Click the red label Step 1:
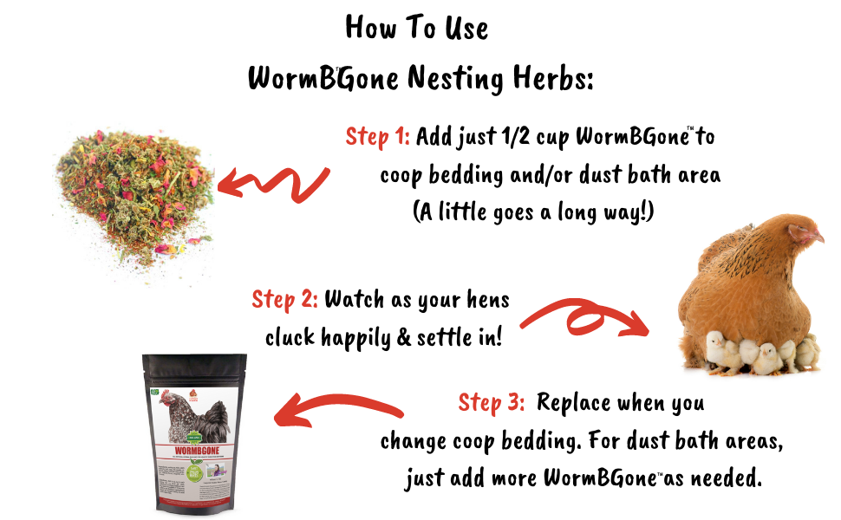(x=378, y=137)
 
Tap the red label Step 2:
(x=284, y=300)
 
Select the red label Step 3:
(x=491, y=403)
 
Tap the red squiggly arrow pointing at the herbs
(x=272, y=184)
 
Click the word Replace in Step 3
(x=573, y=403)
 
